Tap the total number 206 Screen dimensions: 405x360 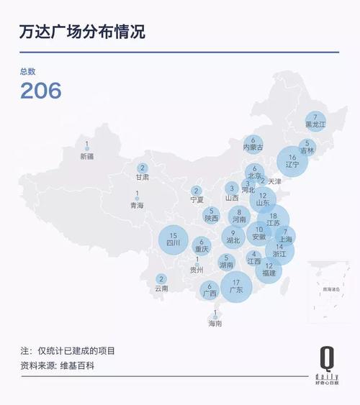pyautogui.click(x=40, y=91)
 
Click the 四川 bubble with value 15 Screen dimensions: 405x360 pyautogui.click(x=173, y=240)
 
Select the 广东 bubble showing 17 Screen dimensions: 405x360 pyautogui.click(x=235, y=286)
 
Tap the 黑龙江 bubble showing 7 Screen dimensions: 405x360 pyautogui.click(x=316, y=121)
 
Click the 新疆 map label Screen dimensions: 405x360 pyautogui.click(x=87, y=155)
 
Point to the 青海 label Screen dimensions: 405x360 pyautogui.click(x=137, y=205)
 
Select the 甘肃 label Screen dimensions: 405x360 pyautogui.click(x=143, y=176)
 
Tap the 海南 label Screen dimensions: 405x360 pyautogui.click(x=215, y=324)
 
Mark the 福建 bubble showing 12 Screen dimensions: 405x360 pyautogui.click(x=269, y=270)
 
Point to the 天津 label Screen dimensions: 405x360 pyautogui.click(x=275, y=181)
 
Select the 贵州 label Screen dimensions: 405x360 pyautogui.click(x=197, y=270)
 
